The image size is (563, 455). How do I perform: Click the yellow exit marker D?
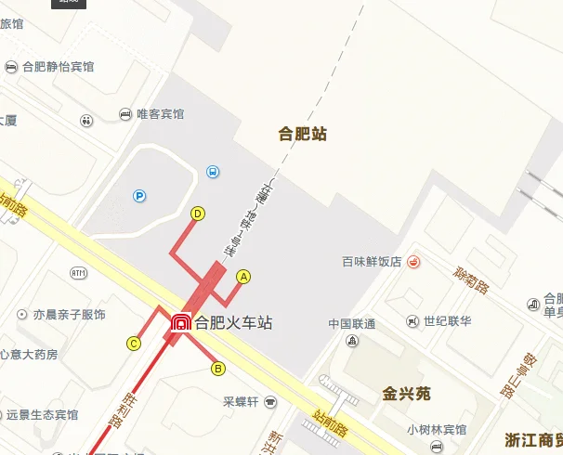[x=197, y=214]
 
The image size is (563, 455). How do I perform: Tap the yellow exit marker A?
[x=244, y=276]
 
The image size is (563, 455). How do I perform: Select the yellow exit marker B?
[x=218, y=369]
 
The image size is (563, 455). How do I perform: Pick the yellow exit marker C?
[x=134, y=344]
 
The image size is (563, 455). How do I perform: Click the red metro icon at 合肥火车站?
[x=180, y=324]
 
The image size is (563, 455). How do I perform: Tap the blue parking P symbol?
[x=139, y=196]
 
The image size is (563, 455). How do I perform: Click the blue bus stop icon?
[x=213, y=172]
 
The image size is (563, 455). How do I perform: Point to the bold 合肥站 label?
[x=303, y=134]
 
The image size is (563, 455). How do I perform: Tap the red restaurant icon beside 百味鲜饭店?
[x=413, y=262]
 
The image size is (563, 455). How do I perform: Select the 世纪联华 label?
[x=448, y=321]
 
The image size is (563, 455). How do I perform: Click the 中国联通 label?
[x=352, y=324]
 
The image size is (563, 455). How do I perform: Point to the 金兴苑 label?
[x=407, y=394]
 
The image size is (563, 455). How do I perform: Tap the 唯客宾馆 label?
[x=161, y=114]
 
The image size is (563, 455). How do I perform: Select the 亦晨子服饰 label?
[x=70, y=315]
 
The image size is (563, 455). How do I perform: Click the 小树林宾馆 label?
[x=437, y=429]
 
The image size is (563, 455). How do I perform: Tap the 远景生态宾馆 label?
[x=42, y=414]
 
